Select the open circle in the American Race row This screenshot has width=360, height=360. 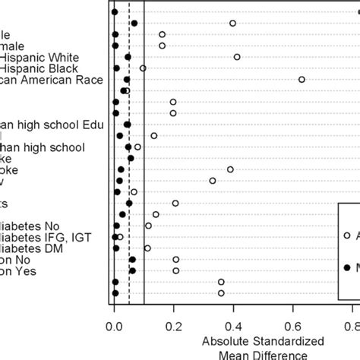[x=302, y=79]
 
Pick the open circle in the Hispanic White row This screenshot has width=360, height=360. [x=237, y=57]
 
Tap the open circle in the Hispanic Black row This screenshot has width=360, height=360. [x=143, y=68]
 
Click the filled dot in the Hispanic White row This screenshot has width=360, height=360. [x=128, y=57]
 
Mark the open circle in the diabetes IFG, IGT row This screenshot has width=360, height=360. [x=120, y=237]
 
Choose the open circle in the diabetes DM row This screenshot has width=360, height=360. [x=147, y=248]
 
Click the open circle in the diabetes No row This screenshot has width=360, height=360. [x=148, y=226]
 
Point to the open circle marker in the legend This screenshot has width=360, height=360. [x=347, y=235]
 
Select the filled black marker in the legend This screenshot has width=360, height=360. [x=347, y=267]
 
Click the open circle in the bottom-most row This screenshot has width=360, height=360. [x=221, y=293]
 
